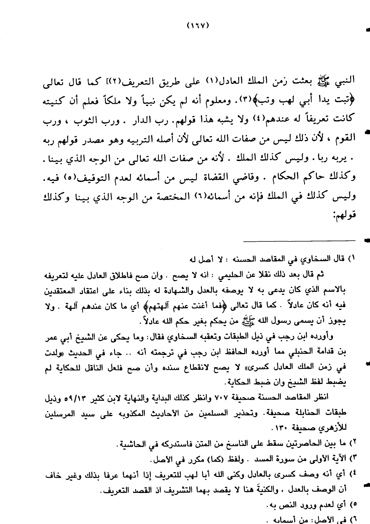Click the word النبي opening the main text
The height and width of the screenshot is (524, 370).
click(345, 80)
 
